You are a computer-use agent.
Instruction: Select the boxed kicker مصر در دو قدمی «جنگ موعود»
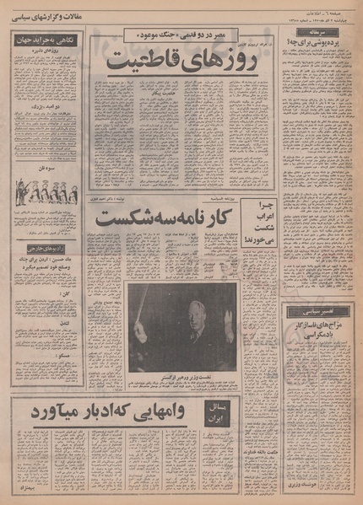click(181, 35)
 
